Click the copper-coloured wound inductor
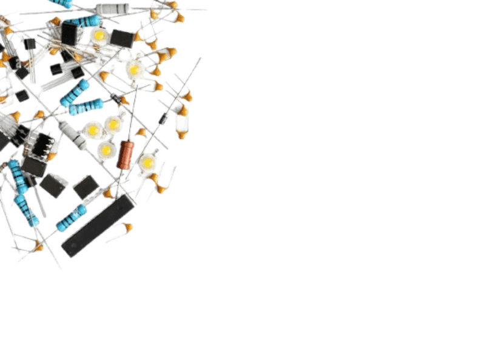pyautogui.click(x=126, y=154)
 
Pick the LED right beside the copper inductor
pyautogui.click(x=147, y=162)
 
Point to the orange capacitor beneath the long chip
pyautogui.click(x=126, y=228)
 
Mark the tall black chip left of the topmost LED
pyautogui.click(x=69, y=33)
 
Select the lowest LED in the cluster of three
pyautogui.click(x=106, y=148)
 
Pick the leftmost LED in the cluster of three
pyautogui.click(x=92, y=128)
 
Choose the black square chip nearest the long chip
pyautogui.click(x=86, y=185)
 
